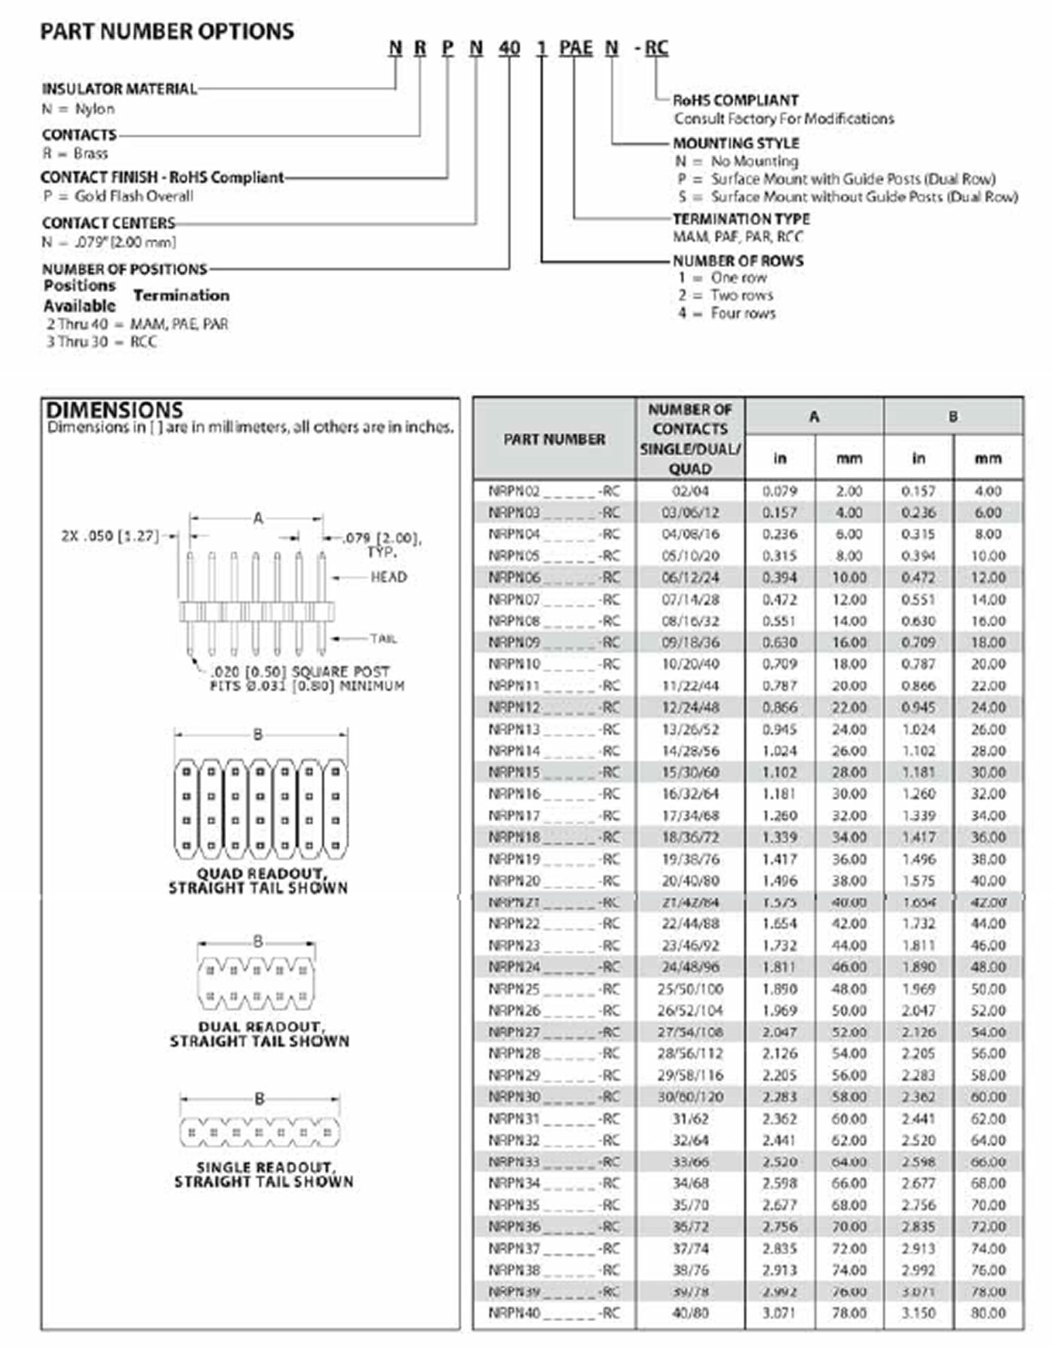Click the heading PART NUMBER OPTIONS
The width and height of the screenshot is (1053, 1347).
(167, 32)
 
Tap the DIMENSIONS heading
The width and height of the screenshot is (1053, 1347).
(115, 410)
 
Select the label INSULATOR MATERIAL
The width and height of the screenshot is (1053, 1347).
(119, 89)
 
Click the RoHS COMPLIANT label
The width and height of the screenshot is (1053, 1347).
(735, 100)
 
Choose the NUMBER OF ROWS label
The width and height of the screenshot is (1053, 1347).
(738, 261)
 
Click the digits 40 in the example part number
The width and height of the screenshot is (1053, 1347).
(509, 48)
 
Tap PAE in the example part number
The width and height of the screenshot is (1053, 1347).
(575, 48)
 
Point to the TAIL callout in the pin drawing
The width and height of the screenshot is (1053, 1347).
(383, 638)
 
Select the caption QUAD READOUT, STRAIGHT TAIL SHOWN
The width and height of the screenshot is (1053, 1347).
(258, 881)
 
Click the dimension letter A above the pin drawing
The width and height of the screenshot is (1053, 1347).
(258, 518)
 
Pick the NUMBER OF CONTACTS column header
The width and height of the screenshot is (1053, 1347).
(690, 438)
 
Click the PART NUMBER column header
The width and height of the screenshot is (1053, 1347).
(554, 439)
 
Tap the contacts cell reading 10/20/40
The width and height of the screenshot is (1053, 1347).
(690, 664)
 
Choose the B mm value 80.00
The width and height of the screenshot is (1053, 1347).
(988, 1313)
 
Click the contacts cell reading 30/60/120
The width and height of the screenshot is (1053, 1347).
(690, 1097)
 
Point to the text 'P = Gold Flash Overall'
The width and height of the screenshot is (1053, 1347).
(118, 196)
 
